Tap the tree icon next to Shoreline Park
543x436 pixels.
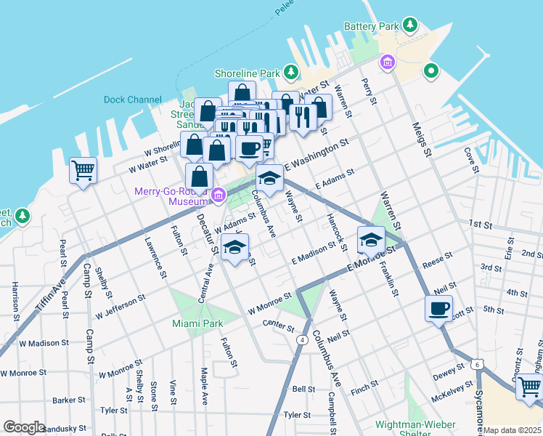pyautogui.click(x=291, y=73)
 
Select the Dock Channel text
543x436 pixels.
pyautogui.click(x=133, y=100)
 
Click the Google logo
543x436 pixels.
pyautogui.click(x=24, y=427)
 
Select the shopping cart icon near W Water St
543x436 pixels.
pyautogui.click(x=83, y=171)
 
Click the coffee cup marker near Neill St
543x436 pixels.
pyautogui.click(x=438, y=307)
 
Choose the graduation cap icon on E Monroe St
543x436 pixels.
pyautogui.click(x=371, y=239)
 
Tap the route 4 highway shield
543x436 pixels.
pyautogui.click(x=301, y=339)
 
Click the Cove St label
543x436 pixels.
pyautogui.click(x=473, y=160)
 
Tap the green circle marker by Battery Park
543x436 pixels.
pyautogui.click(x=430, y=71)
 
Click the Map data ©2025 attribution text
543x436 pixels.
pyautogui.click(x=513, y=430)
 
